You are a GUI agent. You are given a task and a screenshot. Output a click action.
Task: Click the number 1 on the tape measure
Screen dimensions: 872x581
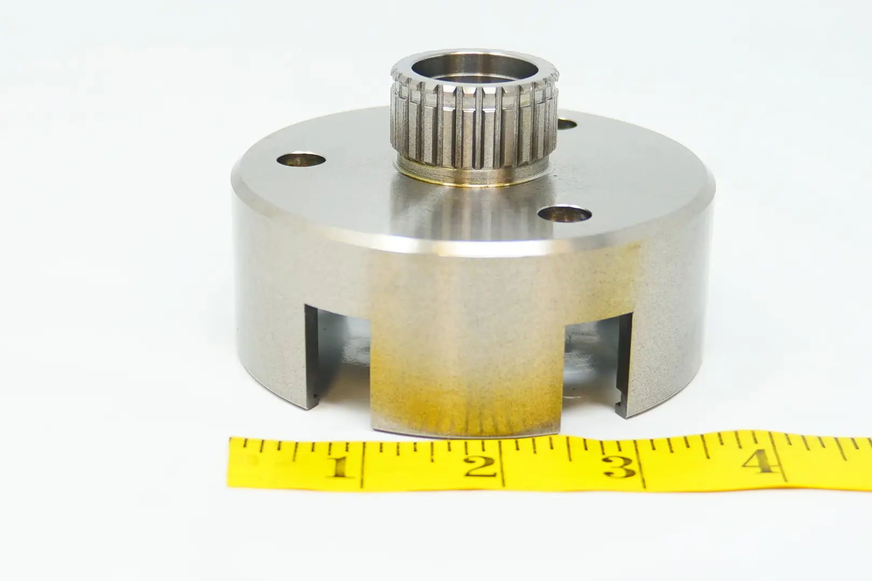[343, 467]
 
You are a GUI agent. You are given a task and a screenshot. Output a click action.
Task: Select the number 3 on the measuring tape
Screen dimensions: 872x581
[620, 467]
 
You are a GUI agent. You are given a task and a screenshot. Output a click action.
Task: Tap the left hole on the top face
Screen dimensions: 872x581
[301, 159]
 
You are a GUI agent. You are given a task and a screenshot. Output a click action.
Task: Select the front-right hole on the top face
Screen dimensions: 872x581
[565, 214]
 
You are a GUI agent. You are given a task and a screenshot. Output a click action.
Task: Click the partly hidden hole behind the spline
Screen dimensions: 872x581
[566, 124]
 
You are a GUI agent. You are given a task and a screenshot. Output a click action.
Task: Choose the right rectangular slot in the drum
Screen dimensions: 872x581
[596, 364]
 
